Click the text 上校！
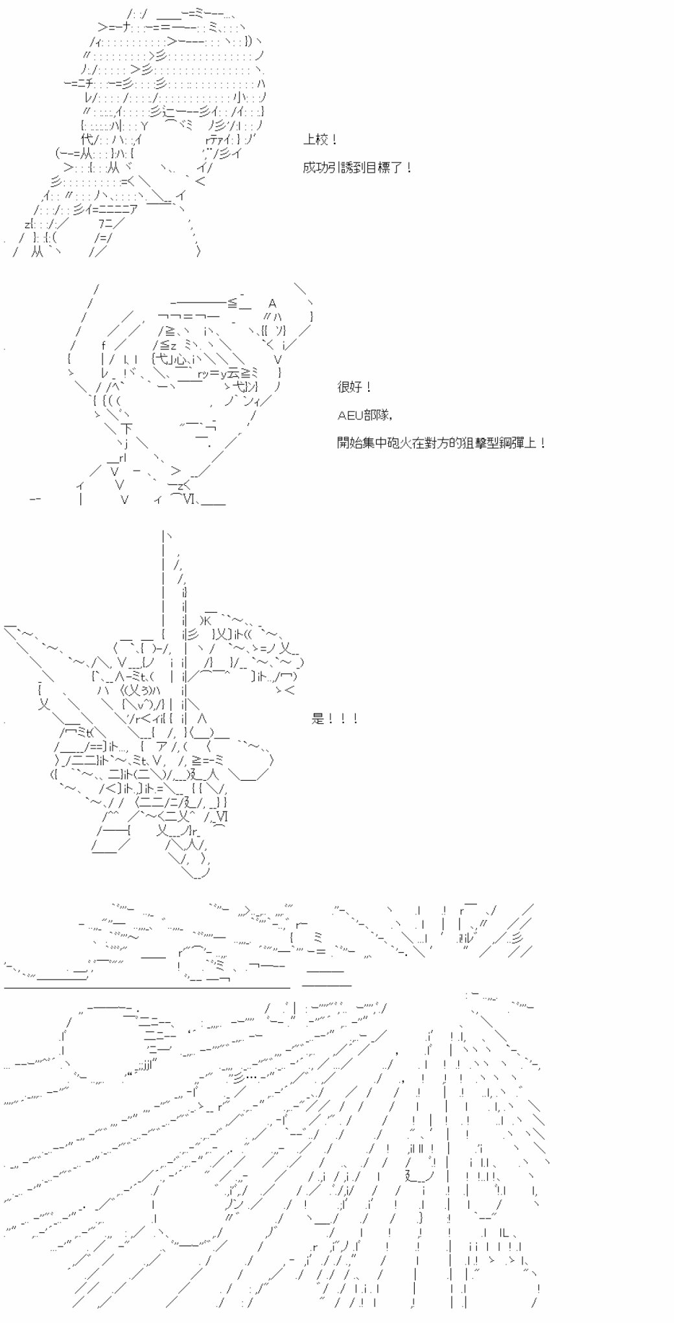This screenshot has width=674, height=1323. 320,139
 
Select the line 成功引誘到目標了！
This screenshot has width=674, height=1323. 357,168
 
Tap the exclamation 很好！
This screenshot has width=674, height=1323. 355,387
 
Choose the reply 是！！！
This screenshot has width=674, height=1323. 335,719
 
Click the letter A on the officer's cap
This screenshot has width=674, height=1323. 273,304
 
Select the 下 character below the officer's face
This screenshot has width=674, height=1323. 126,428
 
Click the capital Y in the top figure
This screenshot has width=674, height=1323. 144,125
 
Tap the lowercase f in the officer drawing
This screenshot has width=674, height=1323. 104,344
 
